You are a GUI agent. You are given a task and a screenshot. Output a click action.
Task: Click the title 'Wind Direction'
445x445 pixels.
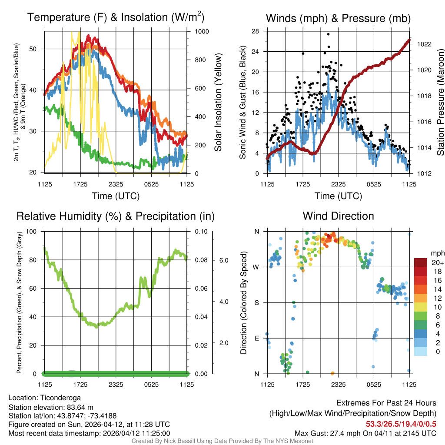338,216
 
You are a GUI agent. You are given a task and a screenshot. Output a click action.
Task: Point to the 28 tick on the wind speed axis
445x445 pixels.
256,31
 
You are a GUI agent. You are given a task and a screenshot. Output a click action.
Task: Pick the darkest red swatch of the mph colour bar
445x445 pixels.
421,262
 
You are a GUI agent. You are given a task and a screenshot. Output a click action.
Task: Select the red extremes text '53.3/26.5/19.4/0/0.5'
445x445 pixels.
401,424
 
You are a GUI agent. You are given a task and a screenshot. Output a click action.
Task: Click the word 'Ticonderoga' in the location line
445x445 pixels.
60,398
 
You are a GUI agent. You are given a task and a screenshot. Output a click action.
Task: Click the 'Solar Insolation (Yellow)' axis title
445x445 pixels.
218,103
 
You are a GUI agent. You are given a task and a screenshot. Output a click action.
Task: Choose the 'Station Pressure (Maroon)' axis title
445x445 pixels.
440,103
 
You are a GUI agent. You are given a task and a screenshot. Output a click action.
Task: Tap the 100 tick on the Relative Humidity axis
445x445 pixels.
33,231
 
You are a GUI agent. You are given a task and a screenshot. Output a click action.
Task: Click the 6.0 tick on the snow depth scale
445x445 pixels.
223,260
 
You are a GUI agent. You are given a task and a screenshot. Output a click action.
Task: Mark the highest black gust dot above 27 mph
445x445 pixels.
328,34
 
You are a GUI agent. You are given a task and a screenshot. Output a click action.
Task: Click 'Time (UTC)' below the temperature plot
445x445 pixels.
116,196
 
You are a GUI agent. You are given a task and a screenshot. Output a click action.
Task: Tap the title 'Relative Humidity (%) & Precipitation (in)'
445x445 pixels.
115,216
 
